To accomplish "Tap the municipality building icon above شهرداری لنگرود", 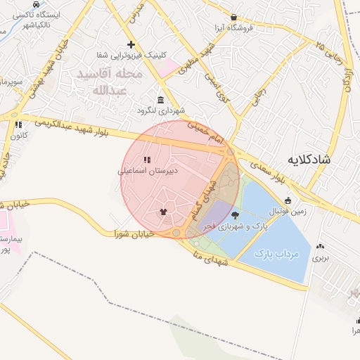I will coord(161,100).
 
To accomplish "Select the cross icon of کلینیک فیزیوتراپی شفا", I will coord(131,44).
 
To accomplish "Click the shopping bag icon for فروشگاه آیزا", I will coord(233,18).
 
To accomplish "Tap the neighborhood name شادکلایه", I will coord(309,160).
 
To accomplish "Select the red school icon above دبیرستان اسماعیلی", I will coord(147,160).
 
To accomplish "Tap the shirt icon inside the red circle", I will coord(163,211).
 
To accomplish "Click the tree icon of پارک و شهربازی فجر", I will coord(234,216).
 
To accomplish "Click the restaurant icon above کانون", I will coord(18,124).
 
